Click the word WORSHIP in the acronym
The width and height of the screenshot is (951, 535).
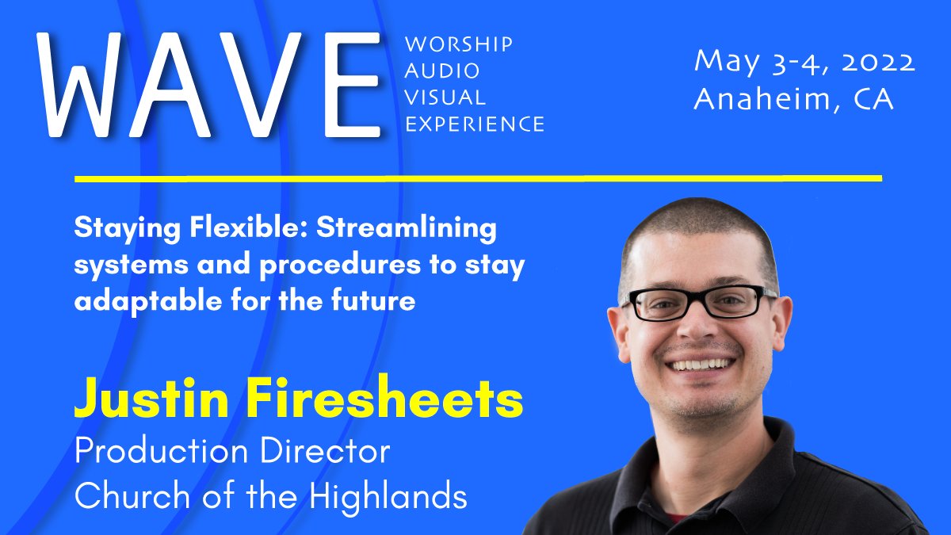(458, 44)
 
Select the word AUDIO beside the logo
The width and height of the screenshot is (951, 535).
(442, 71)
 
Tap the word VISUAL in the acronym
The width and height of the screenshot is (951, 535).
(445, 97)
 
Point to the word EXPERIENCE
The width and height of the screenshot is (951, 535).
(474, 124)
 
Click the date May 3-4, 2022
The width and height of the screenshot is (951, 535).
(804, 62)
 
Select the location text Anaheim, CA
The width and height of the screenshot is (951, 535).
(793, 99)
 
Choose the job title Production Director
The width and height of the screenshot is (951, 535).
(232, 451)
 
